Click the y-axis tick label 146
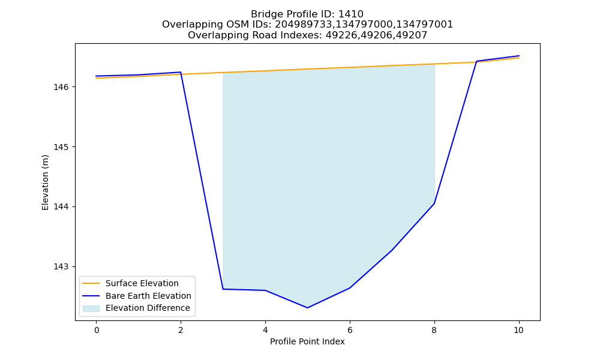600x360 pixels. tap(61, 87)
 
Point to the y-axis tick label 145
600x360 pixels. tap(61, 147)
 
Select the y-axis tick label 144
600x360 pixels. tap(61, 206)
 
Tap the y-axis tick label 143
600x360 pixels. tap(61, 266)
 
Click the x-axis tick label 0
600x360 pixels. tap(97, 330)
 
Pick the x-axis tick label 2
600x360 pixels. tap(181, 330)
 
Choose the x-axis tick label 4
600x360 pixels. tap(265, 330)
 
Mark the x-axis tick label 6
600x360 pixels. tap(350, 330)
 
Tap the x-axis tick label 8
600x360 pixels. tap(434, 330)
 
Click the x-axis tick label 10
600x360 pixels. tap(518, 330)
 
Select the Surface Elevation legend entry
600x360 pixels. tap(131, 283)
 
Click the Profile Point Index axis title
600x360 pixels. tap(307, 341)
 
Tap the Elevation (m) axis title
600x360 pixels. tap(46, 182)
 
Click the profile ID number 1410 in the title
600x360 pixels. tap(351, 14)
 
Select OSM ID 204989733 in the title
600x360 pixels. tap(304, 25)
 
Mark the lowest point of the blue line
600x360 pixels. tap(307, 308)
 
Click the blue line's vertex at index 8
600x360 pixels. tap(434, 203)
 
